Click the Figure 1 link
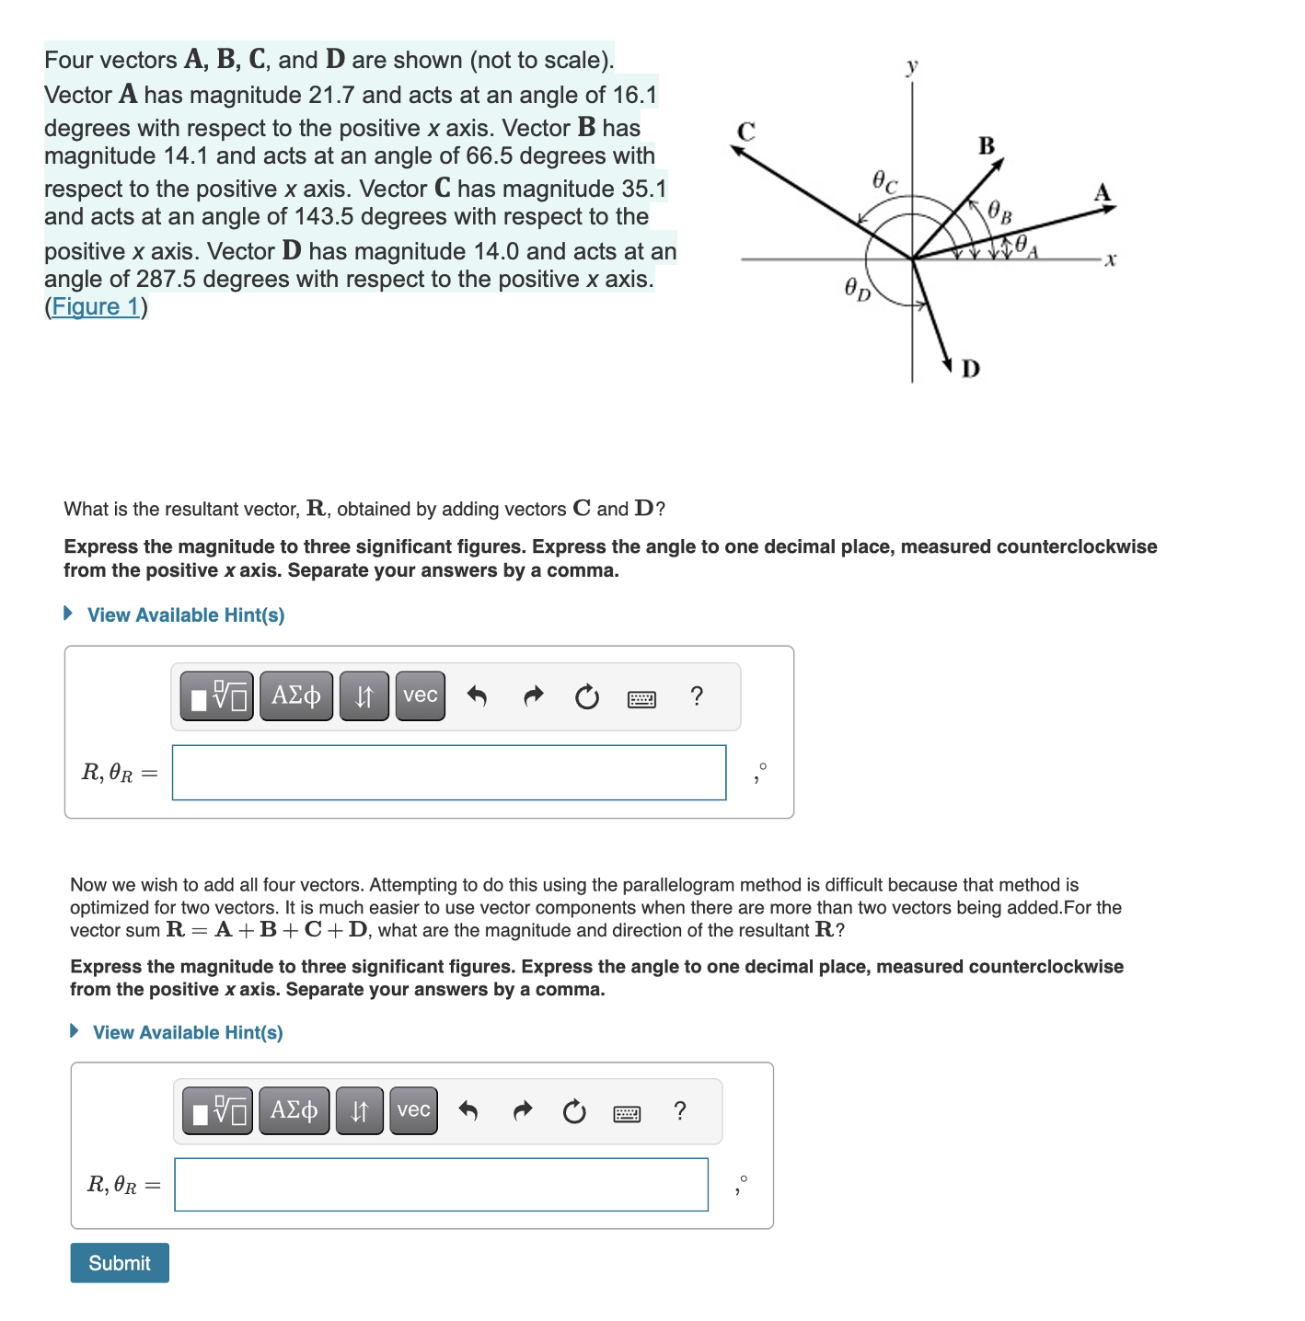96,306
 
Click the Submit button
120,1263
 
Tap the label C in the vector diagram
745,132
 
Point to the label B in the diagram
987,146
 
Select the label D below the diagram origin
971,369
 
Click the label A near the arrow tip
1103,193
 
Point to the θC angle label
884,181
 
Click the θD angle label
857,290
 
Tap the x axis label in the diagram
1111,260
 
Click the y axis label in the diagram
911,66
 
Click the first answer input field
449,773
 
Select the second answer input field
441,1185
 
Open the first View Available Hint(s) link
185,615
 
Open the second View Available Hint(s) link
188,1032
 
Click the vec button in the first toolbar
420,695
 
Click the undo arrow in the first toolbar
477,696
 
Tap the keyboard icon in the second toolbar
627,1113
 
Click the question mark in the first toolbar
697,696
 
